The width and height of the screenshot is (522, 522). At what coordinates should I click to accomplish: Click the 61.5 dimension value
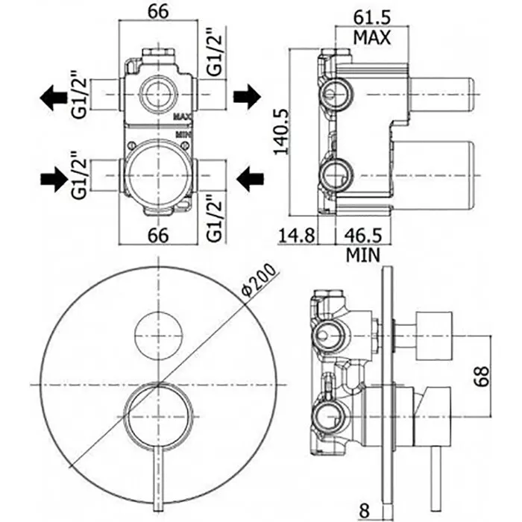[371, 17]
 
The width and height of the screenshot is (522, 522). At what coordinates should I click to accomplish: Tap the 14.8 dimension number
[296, 236]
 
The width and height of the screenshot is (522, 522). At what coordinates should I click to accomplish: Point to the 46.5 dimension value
[363, 236]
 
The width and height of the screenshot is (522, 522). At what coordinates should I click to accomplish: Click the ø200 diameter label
[260, 280]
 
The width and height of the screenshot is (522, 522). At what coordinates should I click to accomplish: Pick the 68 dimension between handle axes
[482, 377]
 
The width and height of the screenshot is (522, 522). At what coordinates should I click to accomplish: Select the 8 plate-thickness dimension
[365, 510]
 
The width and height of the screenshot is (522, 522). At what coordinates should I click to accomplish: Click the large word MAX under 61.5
[371, 37]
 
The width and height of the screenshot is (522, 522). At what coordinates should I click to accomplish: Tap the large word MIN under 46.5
[363, 255]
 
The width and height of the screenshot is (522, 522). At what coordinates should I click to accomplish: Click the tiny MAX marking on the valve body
[183, 116]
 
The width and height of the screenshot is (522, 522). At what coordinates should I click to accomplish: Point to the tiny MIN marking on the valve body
[183, 134]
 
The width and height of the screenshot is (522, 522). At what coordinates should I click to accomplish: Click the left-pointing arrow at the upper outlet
[53, 98]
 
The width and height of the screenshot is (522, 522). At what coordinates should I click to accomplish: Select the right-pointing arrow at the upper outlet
[247, 96]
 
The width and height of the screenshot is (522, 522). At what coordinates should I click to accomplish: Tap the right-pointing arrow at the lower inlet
[54, 179]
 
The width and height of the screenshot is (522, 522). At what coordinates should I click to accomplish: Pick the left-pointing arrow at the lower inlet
[250, 179]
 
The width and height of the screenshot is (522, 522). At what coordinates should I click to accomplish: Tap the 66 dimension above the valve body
[158, 13]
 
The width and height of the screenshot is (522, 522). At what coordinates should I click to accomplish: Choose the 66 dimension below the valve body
[158, 236]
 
